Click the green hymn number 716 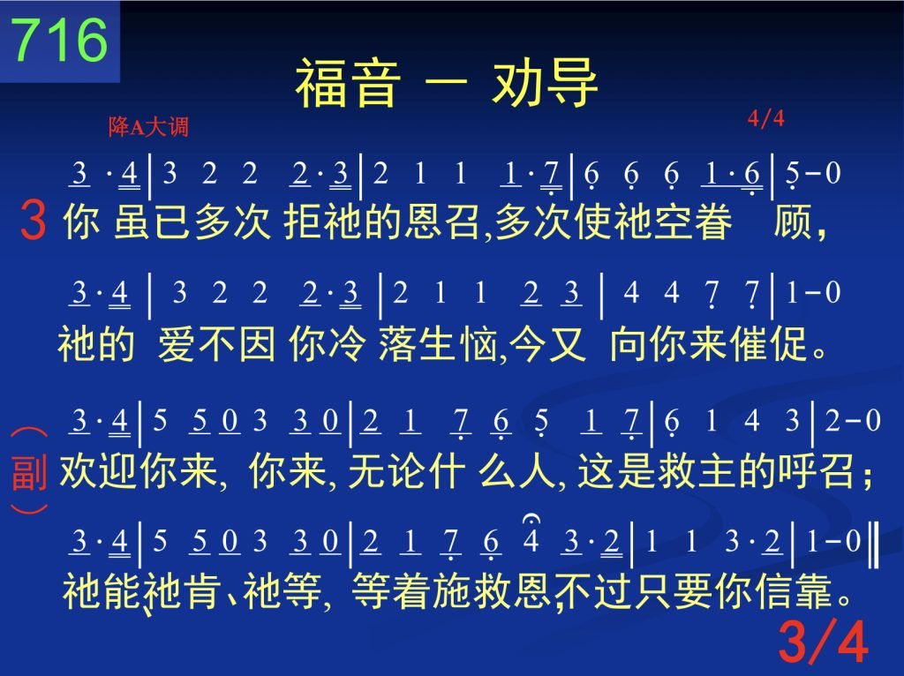(x=60, y=39)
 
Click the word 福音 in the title (x=348, y=83)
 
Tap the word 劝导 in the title (x=545, y=83)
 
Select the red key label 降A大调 (x=148, y=127)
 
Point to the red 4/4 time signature (x=766, y=118)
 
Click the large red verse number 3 (x=33, y=220)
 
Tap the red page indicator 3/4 (x=824, y=642)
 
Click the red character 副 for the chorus (x=29, y=471)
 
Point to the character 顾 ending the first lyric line (x=793, y=222)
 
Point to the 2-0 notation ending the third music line (x=853, y=421)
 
